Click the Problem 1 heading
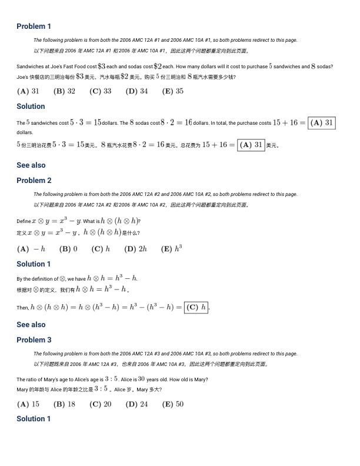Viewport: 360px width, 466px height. (x=34, y=26)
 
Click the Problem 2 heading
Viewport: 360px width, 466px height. (x=34, y=180)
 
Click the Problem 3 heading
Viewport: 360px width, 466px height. (x=34, y=339)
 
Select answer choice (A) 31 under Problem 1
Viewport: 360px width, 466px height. (x=28, y=91)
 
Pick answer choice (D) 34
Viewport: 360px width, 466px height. (x=136, y=91)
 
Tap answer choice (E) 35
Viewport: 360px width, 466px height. (x=172, y=91)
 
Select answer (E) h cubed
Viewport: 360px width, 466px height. (x=171, y=248)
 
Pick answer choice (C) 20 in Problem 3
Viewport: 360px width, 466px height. (x=100, y=404)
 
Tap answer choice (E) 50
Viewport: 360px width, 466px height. (x=172, y=404)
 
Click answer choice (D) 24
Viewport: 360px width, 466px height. (x=136, y=404)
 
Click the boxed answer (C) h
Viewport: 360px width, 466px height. (x=196, y=307)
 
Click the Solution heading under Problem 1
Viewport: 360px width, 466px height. (x=31, y=106)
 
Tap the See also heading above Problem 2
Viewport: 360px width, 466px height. (x=31, y=165)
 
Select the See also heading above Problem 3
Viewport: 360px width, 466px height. (x=31, y=324)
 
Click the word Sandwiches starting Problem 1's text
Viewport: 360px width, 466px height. (x=29, y=67)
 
